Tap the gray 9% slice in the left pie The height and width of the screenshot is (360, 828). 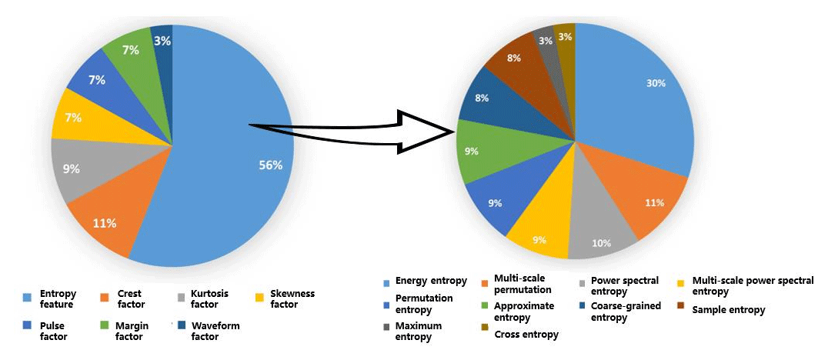point(73,168)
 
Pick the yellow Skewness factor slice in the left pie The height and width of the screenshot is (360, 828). point(72,118)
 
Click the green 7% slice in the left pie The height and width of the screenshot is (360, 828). point(130,51)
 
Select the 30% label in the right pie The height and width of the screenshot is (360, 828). point(656,83)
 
